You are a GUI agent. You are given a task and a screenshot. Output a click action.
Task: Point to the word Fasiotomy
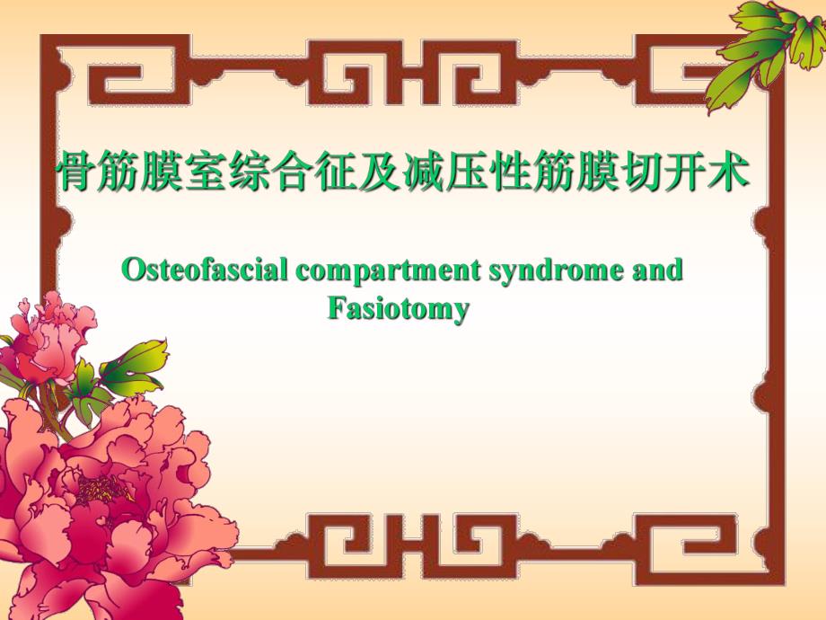pos(398,309)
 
